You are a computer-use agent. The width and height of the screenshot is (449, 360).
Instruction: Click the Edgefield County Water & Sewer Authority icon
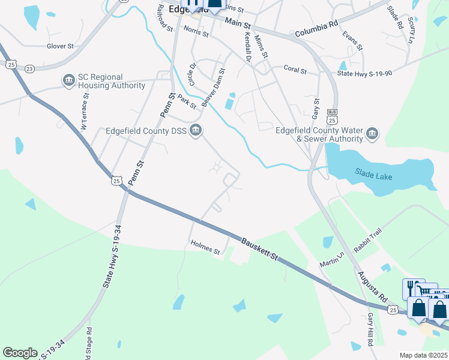[372, 133]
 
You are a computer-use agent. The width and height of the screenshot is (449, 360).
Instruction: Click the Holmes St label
[205, 247]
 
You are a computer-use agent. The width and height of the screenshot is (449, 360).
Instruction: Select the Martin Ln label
[332, 260]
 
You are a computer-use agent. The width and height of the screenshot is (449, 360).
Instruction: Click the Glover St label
[60, 46]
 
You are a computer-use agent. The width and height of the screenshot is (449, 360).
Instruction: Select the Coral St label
[295, 70]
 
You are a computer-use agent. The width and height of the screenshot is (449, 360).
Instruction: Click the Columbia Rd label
[317, 27]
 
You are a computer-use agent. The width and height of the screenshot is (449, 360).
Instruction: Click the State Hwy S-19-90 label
[365, 73]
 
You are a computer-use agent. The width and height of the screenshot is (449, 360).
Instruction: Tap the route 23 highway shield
[29, 69]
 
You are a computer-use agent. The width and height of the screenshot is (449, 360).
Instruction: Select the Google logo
[20, 353]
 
